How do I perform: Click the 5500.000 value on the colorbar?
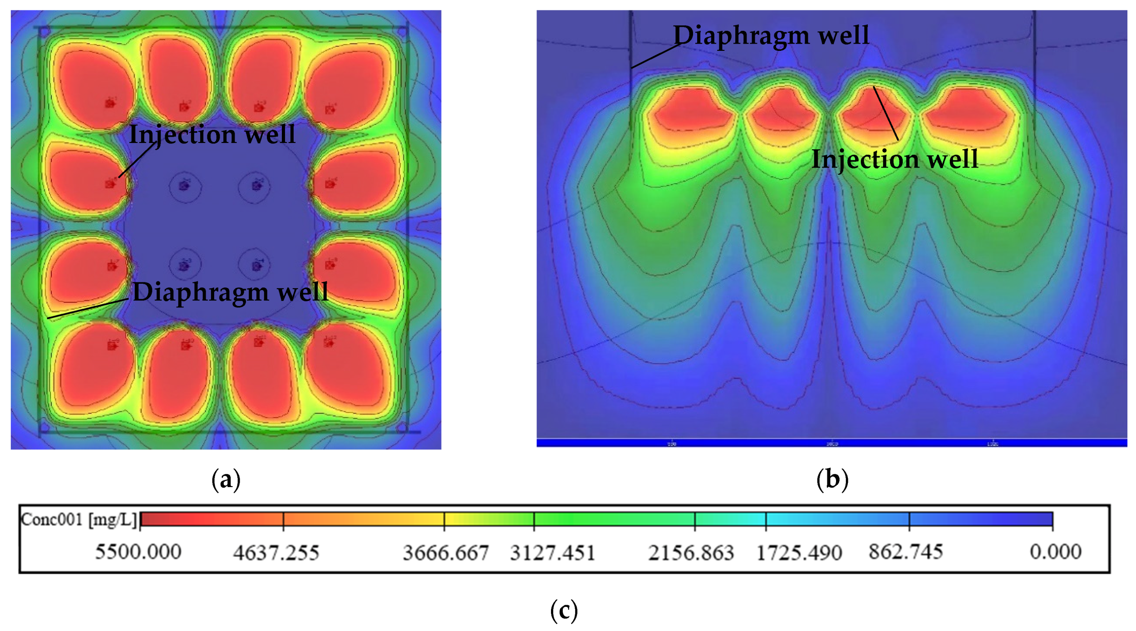click(x=138, y=552)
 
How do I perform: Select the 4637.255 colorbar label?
click(x=276, y=553)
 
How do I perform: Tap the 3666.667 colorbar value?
click(x=446, y=553)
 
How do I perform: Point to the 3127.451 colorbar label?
click(x=552, y=553)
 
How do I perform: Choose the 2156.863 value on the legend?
click(x=691, y=553)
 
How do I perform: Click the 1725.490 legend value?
click(x=799, y=553)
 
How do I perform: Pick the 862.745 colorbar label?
click(x=906, y=552)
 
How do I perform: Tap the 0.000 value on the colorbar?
click(x=1056, y=552)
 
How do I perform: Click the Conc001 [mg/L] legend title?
click(x=79, y=519)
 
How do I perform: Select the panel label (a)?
click(x=226, y=480)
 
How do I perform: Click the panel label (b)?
click(x=832, y=480)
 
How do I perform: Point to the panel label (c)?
click(x=564, y=610)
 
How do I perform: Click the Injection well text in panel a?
click(x=212, y=134)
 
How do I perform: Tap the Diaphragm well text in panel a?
click(x=230, y=292)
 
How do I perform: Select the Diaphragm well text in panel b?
click(x=771, y=35)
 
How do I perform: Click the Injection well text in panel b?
click(x=895, y=159)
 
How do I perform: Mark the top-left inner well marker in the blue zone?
click(x=184, y=185)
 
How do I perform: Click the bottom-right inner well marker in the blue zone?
click(x=257, y=265)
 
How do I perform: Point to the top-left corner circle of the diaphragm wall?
click(x=44, y=32)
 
